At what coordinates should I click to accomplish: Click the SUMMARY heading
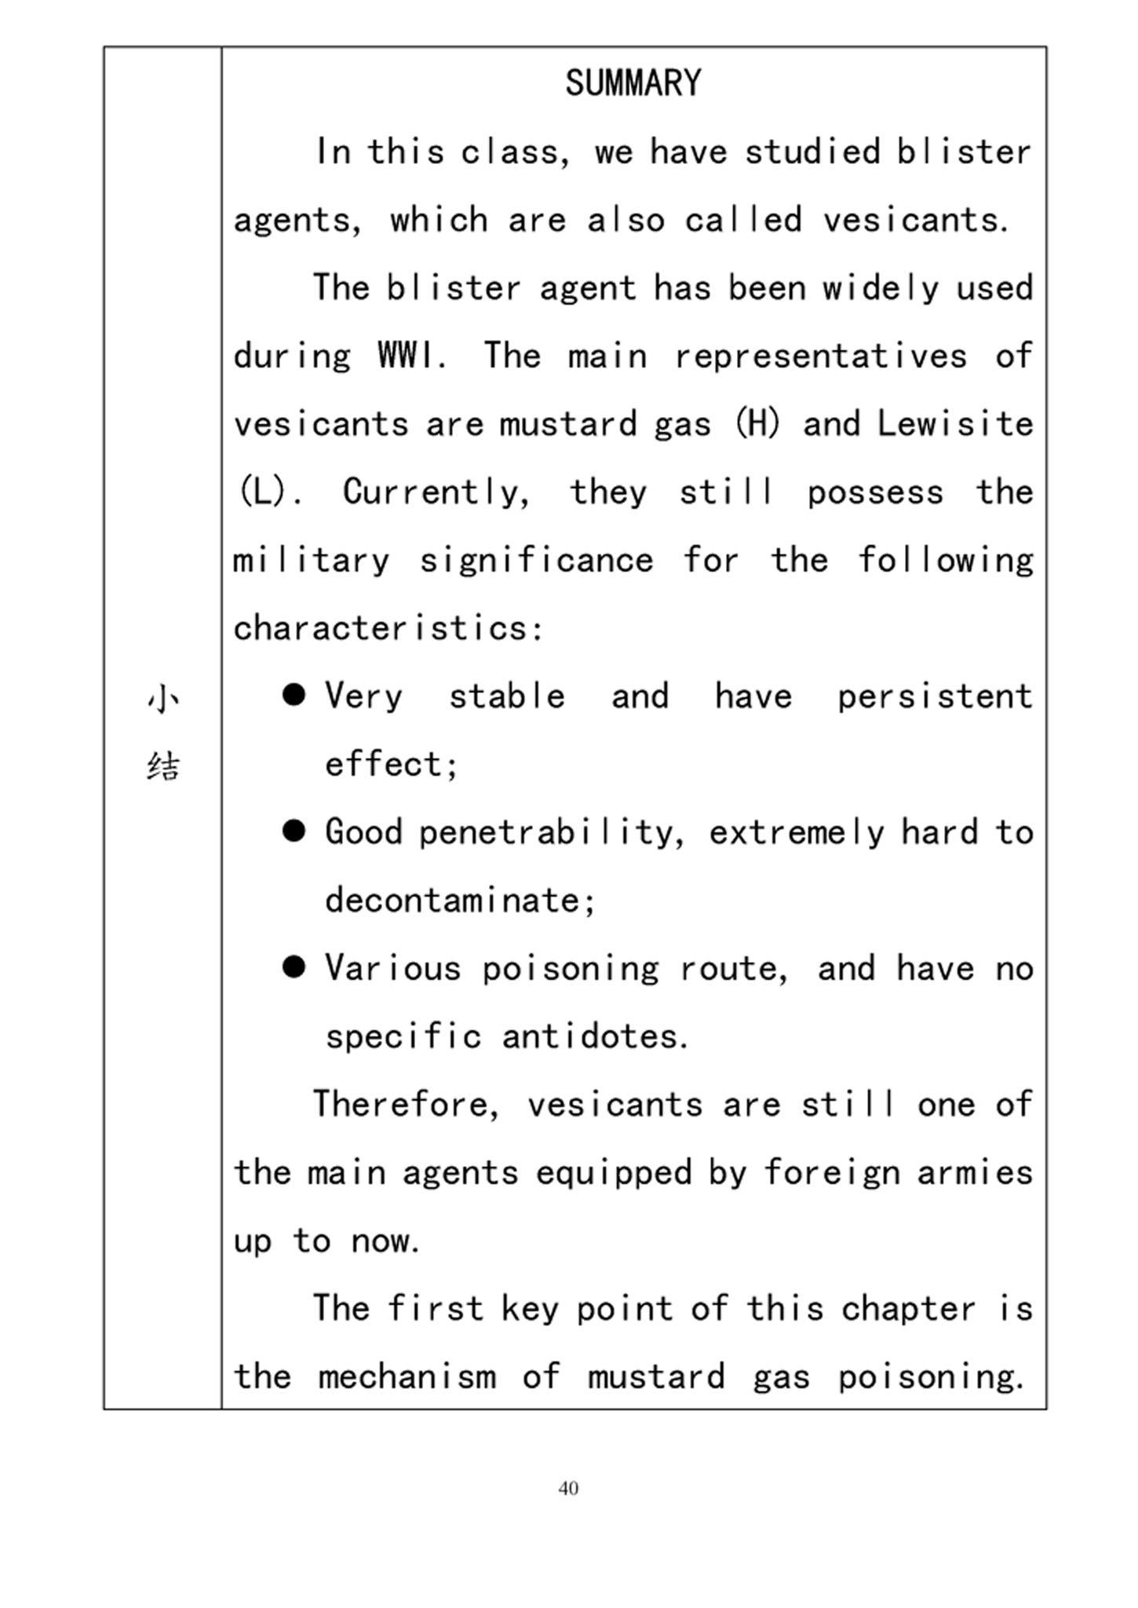[x=633, y=83]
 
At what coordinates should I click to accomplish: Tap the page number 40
[x=568, y=1488]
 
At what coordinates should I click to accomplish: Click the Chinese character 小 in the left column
[x=163, y=699]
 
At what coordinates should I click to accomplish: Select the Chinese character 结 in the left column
[x=163, y=766]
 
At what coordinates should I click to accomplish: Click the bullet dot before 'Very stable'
[x=294, y=695]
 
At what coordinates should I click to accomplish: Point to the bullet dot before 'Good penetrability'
[x=294, y=831]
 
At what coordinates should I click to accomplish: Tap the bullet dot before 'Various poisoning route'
[x=294, y=967]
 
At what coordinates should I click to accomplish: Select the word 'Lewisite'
[x=954, y=425]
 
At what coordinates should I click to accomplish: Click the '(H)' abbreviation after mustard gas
[x=757, y=425]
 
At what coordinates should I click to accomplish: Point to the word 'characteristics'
[x=387, y=629]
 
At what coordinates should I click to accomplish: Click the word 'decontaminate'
[x=459, y=901]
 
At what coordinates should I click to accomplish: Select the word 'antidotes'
[x=594, y=1037]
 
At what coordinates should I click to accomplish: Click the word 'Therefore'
[x=405, y=1105]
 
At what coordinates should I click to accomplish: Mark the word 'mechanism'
[x=407, y=1377]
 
